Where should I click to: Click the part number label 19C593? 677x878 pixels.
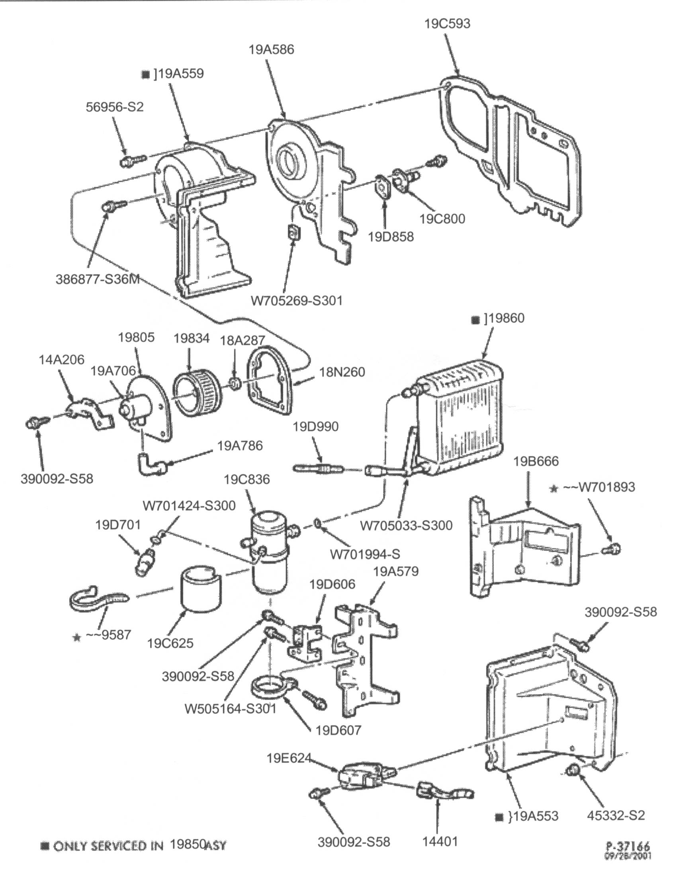coord(447,24)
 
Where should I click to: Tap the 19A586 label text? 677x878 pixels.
coord(271,49)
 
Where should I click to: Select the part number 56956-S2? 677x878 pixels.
coord(115,107)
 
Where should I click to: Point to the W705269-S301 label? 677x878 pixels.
coord(297,300)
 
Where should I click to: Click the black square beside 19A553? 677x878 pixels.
coord(499,817)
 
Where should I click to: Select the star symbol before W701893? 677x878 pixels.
coord(554,489)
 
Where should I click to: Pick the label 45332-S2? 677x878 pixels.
coord(616,815)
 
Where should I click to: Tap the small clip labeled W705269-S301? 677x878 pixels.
coord(293,232)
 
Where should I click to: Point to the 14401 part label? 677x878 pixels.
coord(440,841)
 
